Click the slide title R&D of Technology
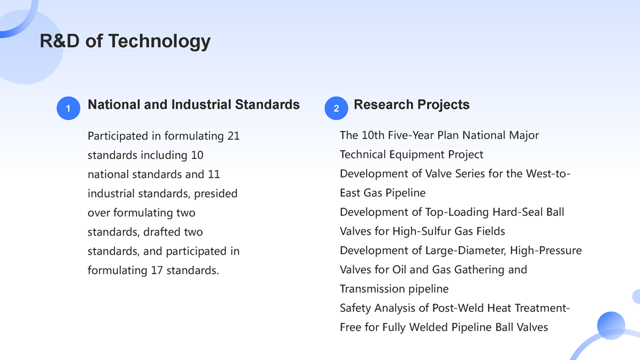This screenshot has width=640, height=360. [x=125, y=41]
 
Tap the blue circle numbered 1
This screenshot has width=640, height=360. [x=68, y=108]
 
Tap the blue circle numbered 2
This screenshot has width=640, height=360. [x=336, y=108]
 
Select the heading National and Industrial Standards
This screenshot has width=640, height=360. [x=194, y=105]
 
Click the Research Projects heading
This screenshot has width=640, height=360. [x=411, y=105]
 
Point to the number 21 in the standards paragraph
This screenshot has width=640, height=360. [x=233, y=136]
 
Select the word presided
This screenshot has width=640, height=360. [x=215, y=194]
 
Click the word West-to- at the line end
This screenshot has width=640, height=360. [x=548, y=173]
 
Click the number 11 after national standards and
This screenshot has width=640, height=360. [x=214, y=174]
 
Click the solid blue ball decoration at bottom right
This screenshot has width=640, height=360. [x=611, y=326]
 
